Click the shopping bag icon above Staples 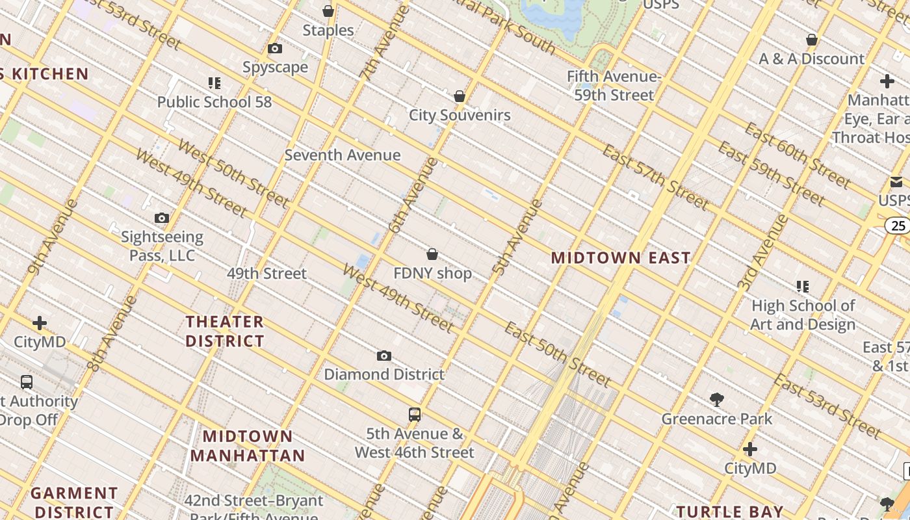click(x=328, y=11)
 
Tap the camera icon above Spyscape click(x=275, y=48)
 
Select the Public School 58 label click(x=214, y=102)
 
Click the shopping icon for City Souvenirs click(x=460, y=96)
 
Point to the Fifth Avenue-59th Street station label click(x=614, y=86)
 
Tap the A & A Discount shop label click(x=812, y=58)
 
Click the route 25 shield click(x=898, y=226)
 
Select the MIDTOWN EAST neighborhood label click(x=621, y=258)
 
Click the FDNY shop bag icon click(x=432, y=254)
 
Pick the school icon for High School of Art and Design click(x=803, y=286)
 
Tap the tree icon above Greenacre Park click(x=717, y=399)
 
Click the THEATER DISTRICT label click(x=225, y=331)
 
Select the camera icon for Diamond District click(x=384, y=356)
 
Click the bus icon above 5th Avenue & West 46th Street click(x=415, y=414)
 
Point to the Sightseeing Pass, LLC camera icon click(x=162, y=218)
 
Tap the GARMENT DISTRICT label click(x=74, y=502)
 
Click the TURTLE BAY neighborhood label click(x=730, y=512)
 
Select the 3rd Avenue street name click(x=764, y=252)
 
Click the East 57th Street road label click(x=655, y=177)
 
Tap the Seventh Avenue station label click(x=343, y=155)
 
